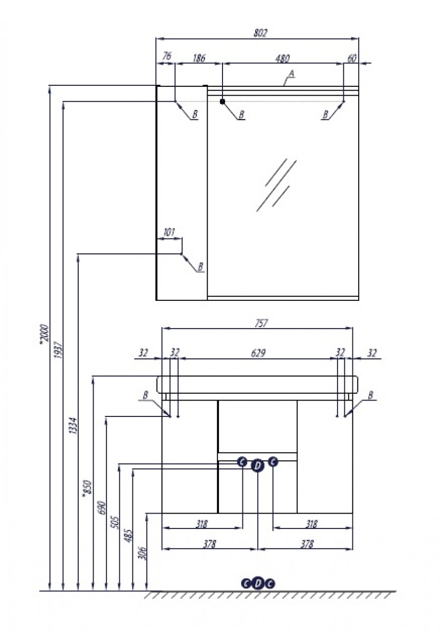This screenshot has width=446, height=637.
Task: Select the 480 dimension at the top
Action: click(282, 58)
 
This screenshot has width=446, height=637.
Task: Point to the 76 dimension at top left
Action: click(167, 57)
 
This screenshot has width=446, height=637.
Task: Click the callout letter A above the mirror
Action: click(291, 74)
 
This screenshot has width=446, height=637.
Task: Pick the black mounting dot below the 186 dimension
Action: click(223, 102)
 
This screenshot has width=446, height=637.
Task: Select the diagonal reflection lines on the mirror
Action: click(277, 184)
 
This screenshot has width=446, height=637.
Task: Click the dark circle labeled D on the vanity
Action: click(257, 465)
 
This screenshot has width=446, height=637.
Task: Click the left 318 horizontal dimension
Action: click(201, 523)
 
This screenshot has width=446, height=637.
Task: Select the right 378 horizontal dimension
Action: click(307, 544)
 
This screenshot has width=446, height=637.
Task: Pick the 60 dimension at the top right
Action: click(351, 58)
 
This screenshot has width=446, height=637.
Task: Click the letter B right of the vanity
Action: click(370, 395)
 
